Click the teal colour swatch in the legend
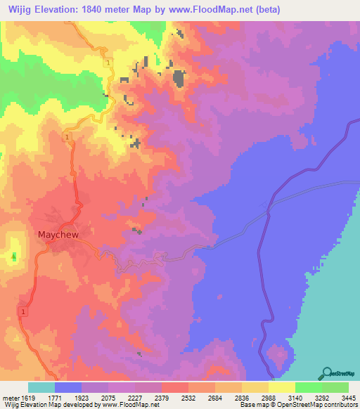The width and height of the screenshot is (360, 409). click(x=41, y=388)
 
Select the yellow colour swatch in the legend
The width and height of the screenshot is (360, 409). click(x=281, y=388)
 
